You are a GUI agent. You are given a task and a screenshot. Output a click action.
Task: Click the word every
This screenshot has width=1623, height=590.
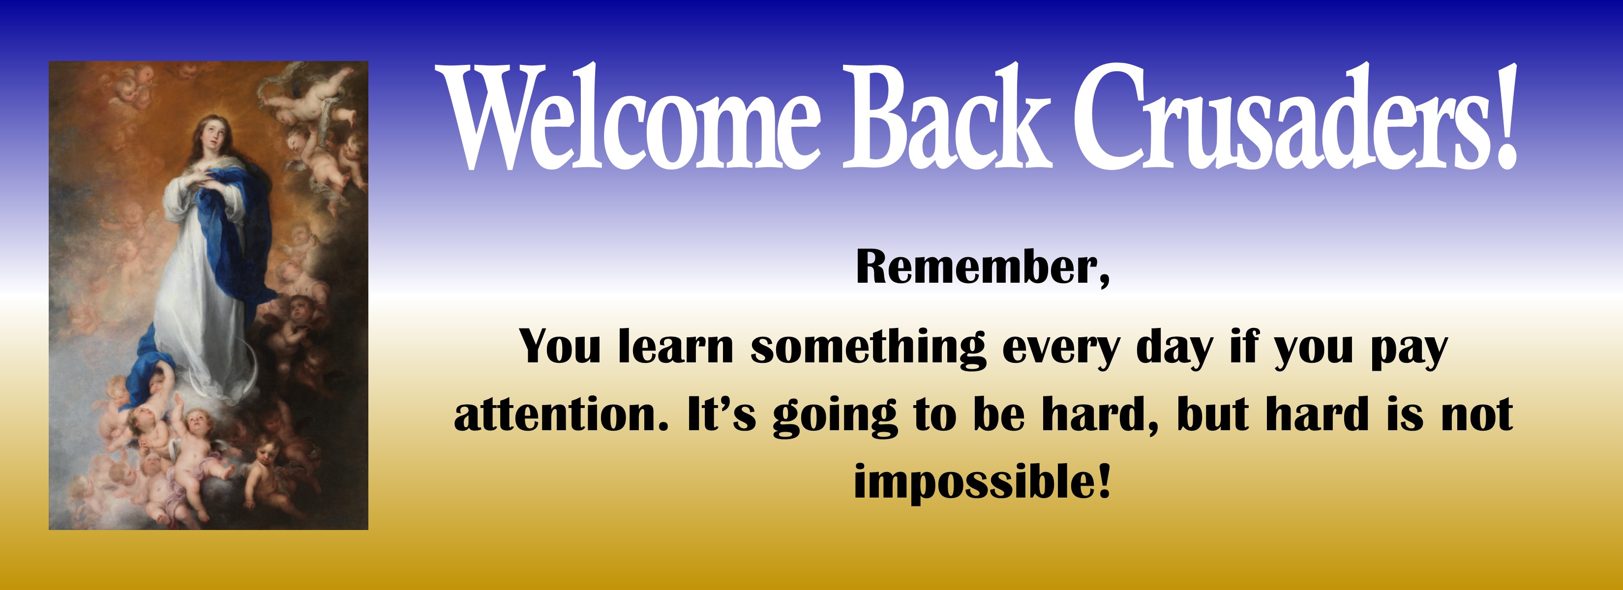1061,351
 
